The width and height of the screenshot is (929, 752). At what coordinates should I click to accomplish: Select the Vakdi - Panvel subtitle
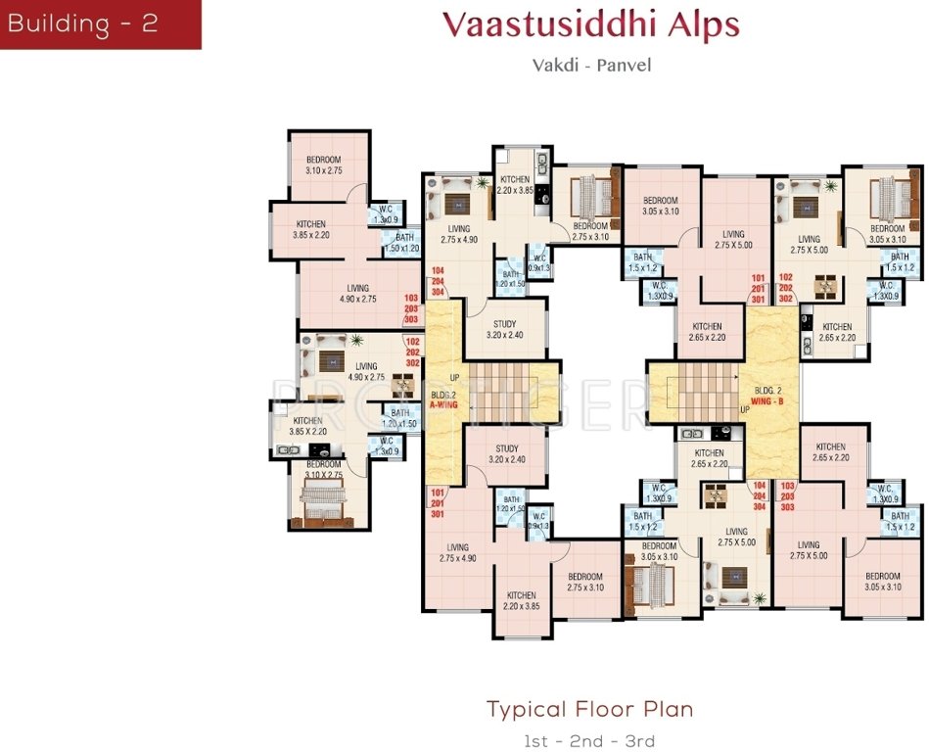click(x=591, y=66)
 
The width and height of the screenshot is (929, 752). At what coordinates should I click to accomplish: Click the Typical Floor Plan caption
click(x=590, y=708)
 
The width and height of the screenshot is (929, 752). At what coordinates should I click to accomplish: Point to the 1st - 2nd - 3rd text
click(x=590, y=740)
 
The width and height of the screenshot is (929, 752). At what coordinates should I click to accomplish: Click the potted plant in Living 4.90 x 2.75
click(x=357, y=340)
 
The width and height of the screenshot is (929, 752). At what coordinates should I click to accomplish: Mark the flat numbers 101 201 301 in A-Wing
click(x=437, y=503)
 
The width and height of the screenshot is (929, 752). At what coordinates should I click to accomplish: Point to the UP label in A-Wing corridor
click(x=454, y=377)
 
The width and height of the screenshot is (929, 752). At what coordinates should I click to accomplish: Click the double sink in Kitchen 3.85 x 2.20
click(x=288, y=449)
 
